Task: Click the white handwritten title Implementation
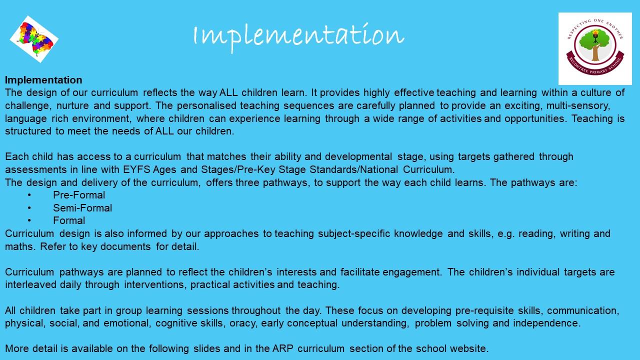298,37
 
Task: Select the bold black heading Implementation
43,80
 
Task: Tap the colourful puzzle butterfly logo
34,39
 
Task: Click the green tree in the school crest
595,44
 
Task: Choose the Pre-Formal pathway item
79,195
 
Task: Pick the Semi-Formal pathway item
82,208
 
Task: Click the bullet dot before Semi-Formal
29,208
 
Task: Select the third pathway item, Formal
69,220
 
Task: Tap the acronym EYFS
136,169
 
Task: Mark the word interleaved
30,285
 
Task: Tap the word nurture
72,105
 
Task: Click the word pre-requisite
484,310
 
